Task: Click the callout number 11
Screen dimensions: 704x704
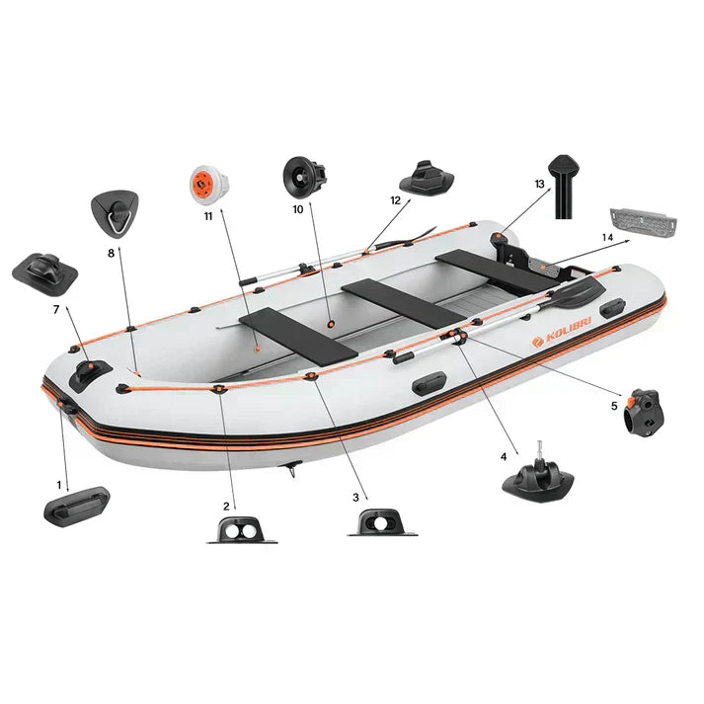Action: [x=208, y=216]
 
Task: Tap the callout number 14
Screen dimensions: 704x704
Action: [x=607, y=237]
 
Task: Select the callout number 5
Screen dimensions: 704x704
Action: [x=614, y=406]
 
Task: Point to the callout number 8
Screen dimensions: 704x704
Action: [x=112, y=253]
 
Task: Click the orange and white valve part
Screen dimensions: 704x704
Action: [x=208, y=184]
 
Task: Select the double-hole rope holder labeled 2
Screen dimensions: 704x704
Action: [x=242, y=530]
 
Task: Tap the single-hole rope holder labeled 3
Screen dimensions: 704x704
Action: [x=382, y=522]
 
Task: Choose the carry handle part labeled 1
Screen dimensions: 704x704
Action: [x=77, y=507]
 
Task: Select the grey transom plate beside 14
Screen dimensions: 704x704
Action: [x=643, y=223]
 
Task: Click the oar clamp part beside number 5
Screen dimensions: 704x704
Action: [x=643, y=413]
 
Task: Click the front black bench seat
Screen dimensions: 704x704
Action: [x=298, y=336]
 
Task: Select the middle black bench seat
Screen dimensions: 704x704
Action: [x=404, y=303]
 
